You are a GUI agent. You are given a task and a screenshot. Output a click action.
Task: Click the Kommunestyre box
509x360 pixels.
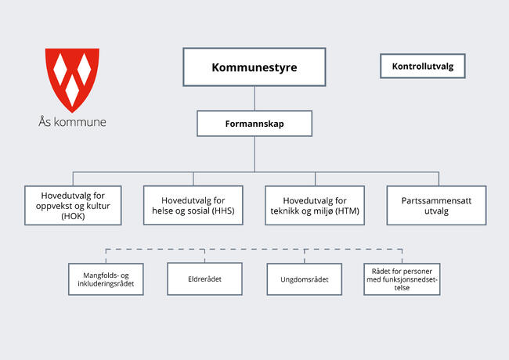(x=254, y=67)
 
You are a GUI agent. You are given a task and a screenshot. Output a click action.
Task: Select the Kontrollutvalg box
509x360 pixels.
(x=422, y=67)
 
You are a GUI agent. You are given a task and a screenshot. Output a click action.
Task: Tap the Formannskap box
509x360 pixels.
(x=254, y=124)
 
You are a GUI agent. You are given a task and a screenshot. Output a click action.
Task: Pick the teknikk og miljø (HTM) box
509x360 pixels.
(x=315, y=205)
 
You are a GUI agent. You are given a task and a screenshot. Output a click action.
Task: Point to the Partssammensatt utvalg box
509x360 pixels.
(x=436, y=205)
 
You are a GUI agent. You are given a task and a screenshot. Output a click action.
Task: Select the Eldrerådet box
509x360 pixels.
(x=204, y=279)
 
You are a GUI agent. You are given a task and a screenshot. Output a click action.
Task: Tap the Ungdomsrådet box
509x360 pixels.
(x=305, y=279)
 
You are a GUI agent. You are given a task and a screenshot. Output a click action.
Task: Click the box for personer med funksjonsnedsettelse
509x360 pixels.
(x=403, y=279)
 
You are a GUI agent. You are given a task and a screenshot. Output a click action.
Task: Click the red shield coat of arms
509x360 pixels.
(x=72, y=79)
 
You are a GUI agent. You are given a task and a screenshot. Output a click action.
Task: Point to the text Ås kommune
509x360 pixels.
(x=72, y=122)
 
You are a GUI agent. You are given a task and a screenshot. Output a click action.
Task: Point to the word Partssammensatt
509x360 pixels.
(x=436, y=200)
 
